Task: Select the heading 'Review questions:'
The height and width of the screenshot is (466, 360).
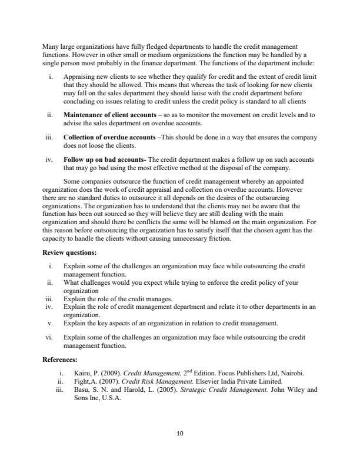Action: click(x=70, y=252)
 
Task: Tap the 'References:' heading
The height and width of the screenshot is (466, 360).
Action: click(x=61, y=359)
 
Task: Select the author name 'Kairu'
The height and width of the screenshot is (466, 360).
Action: click(x=74, y=373)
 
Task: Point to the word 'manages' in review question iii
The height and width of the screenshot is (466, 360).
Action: click(x=157, y=299)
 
